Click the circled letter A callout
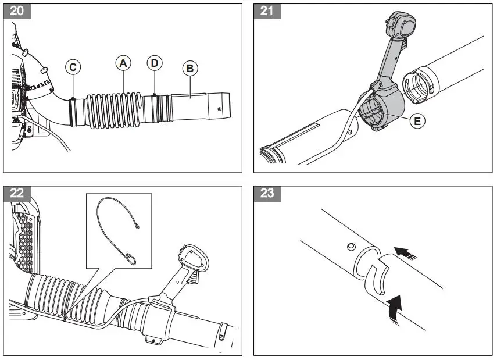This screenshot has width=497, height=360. pyautogui.click(x=122, y=62)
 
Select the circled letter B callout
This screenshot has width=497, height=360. pyautogui.click(x=189, y=68)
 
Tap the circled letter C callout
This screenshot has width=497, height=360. pyautogui.click(x=72, y=67)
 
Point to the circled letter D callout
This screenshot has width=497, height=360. pyautogui.click(x=154, y=63)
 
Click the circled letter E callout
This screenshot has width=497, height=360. pyautogui.click(x=416, y=121)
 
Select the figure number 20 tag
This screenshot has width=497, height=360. pyautogui.click(x=17, y=12)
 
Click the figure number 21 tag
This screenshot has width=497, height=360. pyautogui.click(x=267, y=12)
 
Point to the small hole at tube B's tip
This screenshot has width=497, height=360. pyautogui.click(x=219, y=108)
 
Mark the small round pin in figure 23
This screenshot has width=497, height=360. pyautogui.click(x=349, y=247)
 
